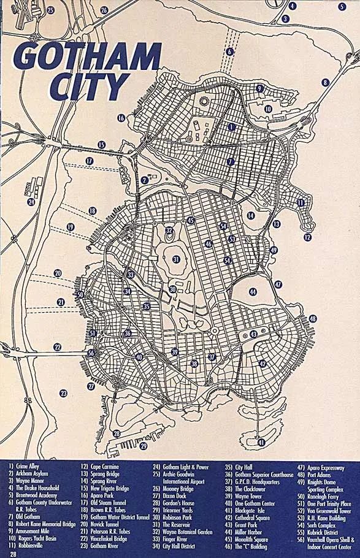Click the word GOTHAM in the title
click(x=86, y=57)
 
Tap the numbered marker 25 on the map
click(x=51, y=10)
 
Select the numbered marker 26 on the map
click(x=104, y=10)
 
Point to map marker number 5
click(x=342, y=7)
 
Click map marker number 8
click(x=325, y=82)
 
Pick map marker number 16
click(x=121, y=118)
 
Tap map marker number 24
click(x=31, y=202)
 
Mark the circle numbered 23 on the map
click(x=63, y=393)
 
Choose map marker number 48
click(x=313, y=319)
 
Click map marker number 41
click(x=261, y=442)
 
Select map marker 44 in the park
click(x=253, y=292)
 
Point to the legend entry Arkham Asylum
click(x=28, y=474)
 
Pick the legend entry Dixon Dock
click(x=174, y=495)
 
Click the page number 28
click(x=13, y=554)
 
